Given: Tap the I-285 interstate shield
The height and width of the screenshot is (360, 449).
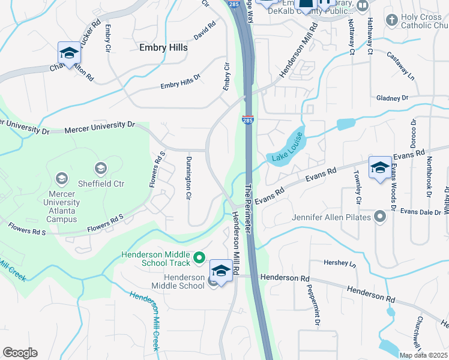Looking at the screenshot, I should (248, 119).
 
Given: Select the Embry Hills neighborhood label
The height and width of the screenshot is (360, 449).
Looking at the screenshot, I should (163, 47).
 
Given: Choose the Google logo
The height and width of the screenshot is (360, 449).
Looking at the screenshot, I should (20, 353).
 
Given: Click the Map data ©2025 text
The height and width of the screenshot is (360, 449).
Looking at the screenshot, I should (423, 355).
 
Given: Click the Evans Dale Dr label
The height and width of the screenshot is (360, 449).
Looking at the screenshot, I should (421, 212).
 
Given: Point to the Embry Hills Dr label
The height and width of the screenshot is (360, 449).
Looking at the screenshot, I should (180, 85).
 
